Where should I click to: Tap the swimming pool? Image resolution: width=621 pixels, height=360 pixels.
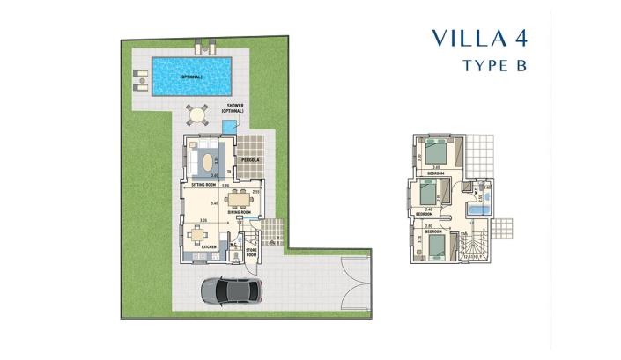click(x=191, y=77)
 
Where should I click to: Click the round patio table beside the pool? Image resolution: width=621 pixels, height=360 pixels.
click(x=198, y=114)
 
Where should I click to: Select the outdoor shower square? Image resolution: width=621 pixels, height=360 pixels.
click(x=231, y=129)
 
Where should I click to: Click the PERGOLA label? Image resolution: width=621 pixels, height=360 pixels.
click(x=252, y=159)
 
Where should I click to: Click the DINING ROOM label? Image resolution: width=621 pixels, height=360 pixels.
click(x=240, y=213)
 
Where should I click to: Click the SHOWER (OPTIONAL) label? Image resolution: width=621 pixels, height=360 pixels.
click(x=233, y=108)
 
